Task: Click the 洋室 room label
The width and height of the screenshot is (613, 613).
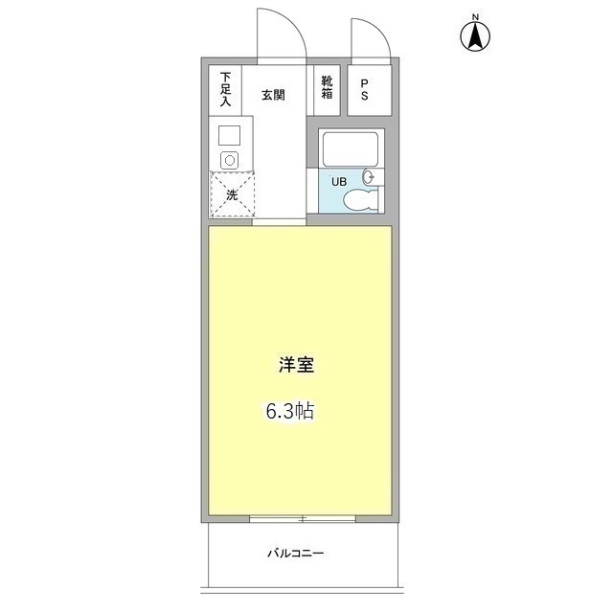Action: [297, 366]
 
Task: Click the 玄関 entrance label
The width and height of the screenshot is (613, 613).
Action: [274, 94]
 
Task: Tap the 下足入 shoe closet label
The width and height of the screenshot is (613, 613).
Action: [226, 87]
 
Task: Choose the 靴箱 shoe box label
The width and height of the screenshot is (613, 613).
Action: [328, 87]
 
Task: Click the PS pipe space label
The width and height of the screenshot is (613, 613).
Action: [366, 89]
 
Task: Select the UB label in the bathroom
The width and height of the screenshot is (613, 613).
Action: [339, 181]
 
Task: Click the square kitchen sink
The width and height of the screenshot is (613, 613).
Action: [228, 136]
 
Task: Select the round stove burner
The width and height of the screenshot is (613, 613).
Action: [228, 159]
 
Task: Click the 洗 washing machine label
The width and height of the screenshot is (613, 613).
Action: [231, 195]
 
